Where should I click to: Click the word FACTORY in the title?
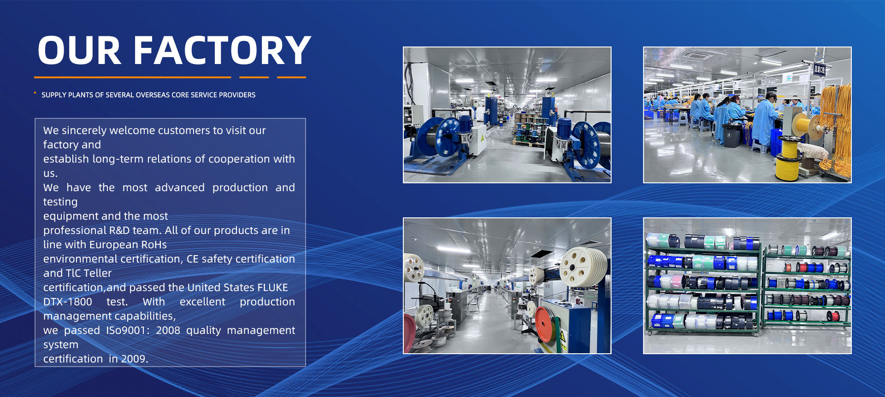tap(223, 50)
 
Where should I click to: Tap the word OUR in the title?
tap(79, 50)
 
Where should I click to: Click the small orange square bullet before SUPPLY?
tap(35, 93)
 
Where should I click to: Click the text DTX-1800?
tap(68, 302)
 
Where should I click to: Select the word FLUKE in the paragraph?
tap(272, 287)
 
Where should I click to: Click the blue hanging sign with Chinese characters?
tap(819, 70)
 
